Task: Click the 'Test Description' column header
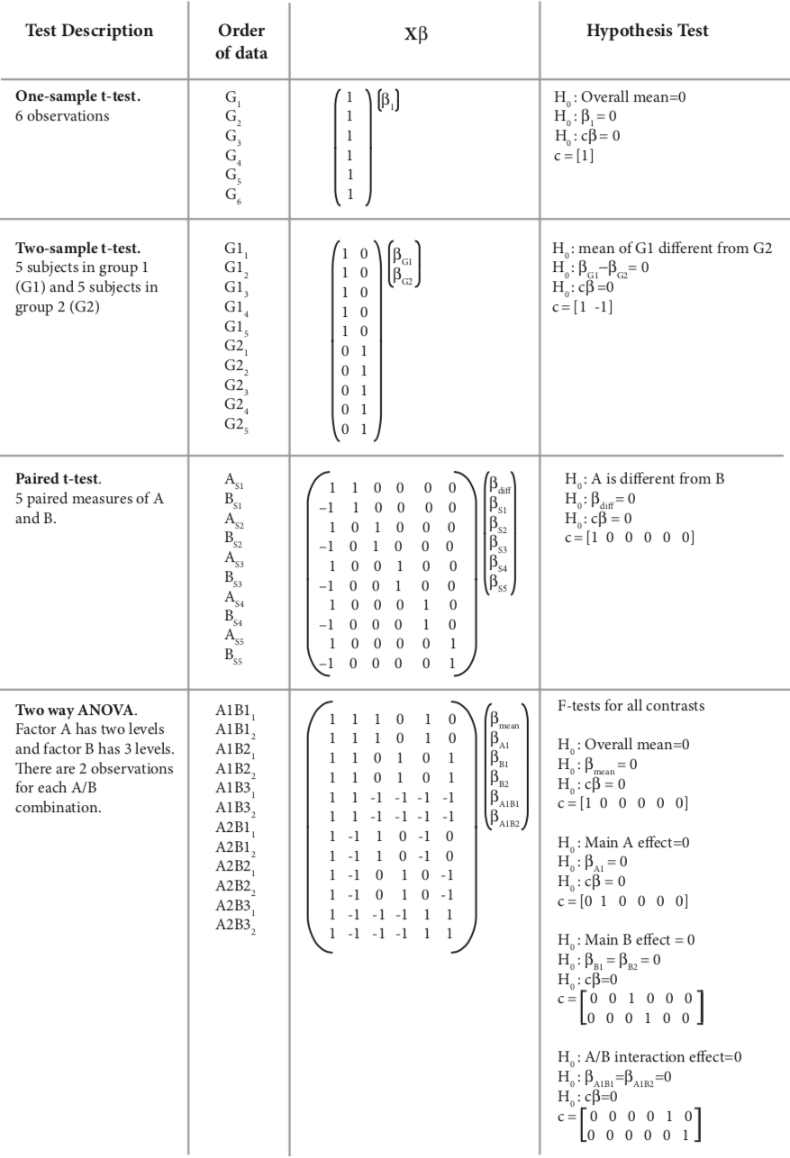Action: point(89,32)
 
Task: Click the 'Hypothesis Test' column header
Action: point(648,32)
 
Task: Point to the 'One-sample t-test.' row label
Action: point(77,96)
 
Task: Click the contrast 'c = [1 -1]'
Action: point(589,309)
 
